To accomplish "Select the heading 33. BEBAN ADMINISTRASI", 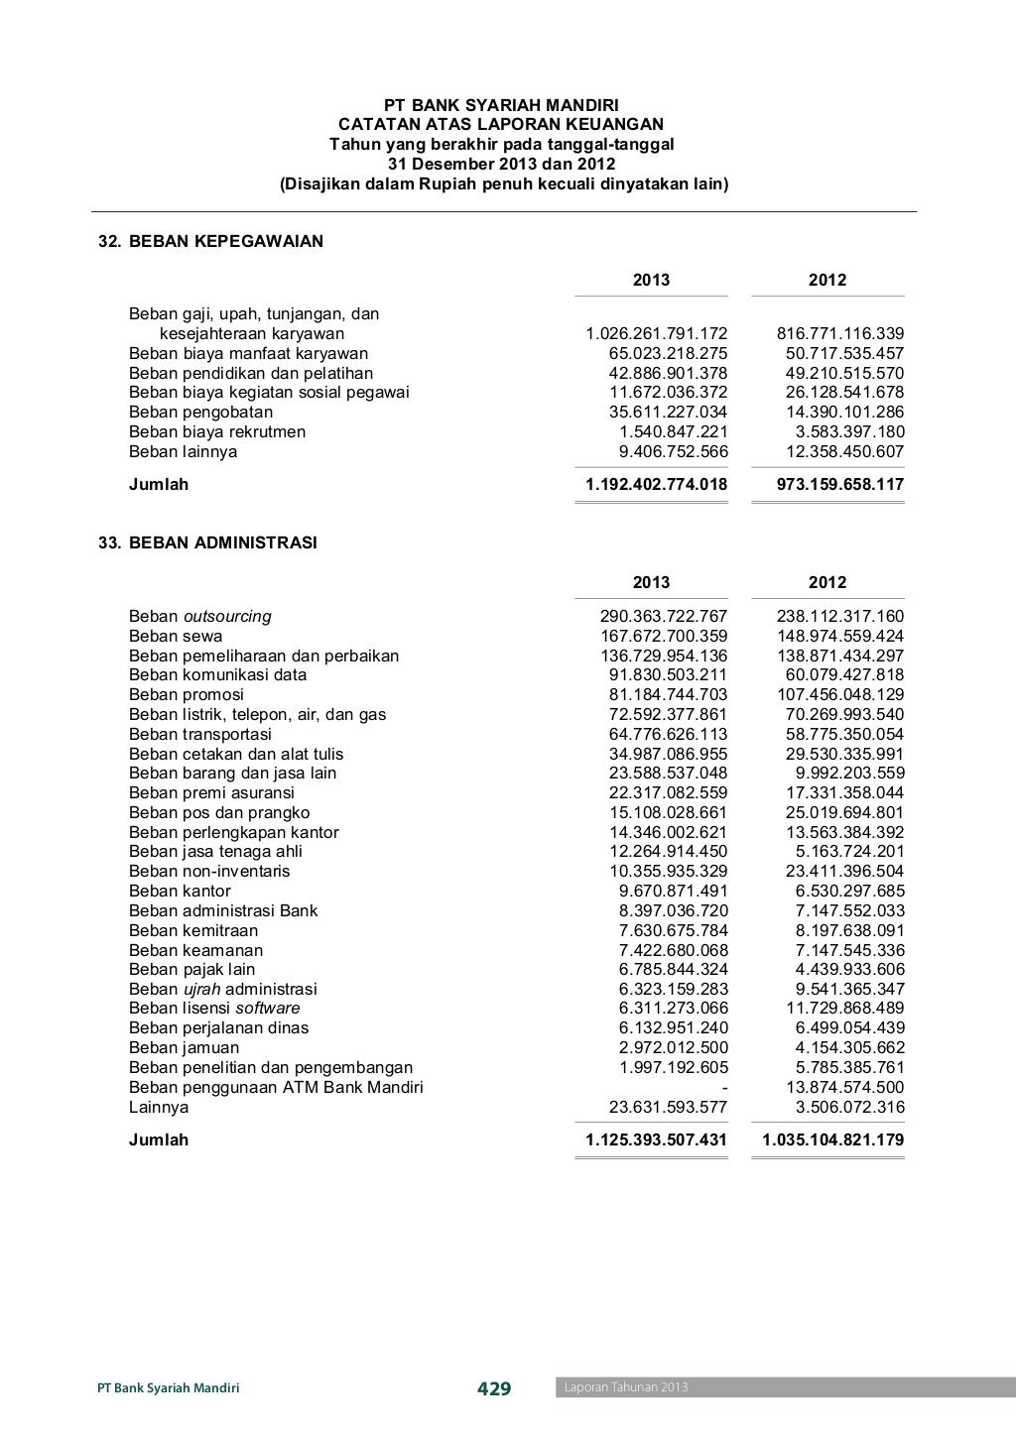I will pyautogui.click(x=207, y=542).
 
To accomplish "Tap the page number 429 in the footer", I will pyautogui.click(x=494, y=1388).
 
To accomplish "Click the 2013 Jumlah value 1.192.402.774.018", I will pyautogui.click(x=656, y=484).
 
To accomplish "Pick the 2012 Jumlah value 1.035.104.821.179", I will pyautogui.click(x=832, y=1139).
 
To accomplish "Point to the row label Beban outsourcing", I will pyautogui.click(x=199, y=616).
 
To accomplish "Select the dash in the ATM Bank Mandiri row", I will pyautogui.click(x=724, y=1087).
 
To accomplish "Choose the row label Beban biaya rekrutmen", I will pyautogui.click(x=217, y=431).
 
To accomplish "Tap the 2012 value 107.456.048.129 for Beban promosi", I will pyautogui.click(x=839, y=694).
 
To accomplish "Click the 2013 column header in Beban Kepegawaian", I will pyautogui.click(x=651, y=280).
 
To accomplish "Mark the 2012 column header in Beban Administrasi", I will pyautogui.click(x=826, y=582).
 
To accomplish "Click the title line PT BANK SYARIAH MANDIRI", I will pyautogui.click(x=501, y=105).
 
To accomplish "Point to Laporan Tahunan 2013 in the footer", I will pyautogui.click(x=626, y=1387).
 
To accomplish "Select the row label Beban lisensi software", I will pyautogui.click(x=214, y=1008).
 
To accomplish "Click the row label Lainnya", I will pyautogui.click(x=159, y=1107).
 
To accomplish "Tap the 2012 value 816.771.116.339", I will pyautogui.click(x=839, y=333).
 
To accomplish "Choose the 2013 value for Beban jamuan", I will pyautogui.click(x=673, y=1047).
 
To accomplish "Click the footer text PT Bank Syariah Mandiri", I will pyautogui.click(x=169, y=1388).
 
